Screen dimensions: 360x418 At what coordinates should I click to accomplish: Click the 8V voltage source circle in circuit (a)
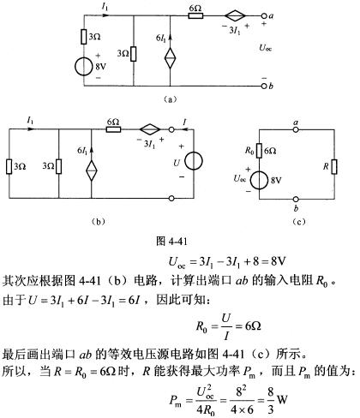[x=84, y=67]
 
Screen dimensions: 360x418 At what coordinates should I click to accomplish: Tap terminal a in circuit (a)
[x=264, y=16]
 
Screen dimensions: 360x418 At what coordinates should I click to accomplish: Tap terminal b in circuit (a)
[x=264, y=86]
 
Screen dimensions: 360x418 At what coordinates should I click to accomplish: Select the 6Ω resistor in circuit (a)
[x=195, y=16]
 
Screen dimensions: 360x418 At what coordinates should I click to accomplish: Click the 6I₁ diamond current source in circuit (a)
[x=171, y=58]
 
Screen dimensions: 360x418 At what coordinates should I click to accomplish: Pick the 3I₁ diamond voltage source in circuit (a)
[x=235, y=16]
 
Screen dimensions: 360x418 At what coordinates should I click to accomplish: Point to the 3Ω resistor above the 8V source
[x=84, y=37]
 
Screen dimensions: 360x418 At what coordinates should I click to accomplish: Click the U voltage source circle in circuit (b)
[x=194, y=161]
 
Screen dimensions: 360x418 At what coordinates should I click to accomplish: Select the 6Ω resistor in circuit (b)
[x=113, y=129]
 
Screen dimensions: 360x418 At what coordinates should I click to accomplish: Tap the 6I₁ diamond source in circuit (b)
[x=92, y=170]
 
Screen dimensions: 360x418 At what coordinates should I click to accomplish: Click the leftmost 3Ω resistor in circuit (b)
[x=9, y=166]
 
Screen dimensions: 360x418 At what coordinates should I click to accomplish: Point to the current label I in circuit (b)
[x=184, y=122]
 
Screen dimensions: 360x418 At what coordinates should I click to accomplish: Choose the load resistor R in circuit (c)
[x=334, y=167]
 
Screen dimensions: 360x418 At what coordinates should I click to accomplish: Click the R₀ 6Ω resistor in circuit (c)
[x=259, y=151]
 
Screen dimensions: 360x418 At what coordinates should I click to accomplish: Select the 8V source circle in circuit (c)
[x=259, y=180]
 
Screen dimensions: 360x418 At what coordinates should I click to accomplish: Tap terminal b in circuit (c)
[x=296, y=199]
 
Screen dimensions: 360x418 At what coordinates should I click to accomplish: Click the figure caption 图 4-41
[x=171, y=242]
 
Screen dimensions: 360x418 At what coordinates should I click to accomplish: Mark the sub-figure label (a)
[x=171, y=99]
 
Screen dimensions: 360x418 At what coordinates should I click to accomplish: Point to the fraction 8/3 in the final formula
[x=271, y=403]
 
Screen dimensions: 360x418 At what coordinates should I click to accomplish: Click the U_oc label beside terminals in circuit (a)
[x=265, y=48]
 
